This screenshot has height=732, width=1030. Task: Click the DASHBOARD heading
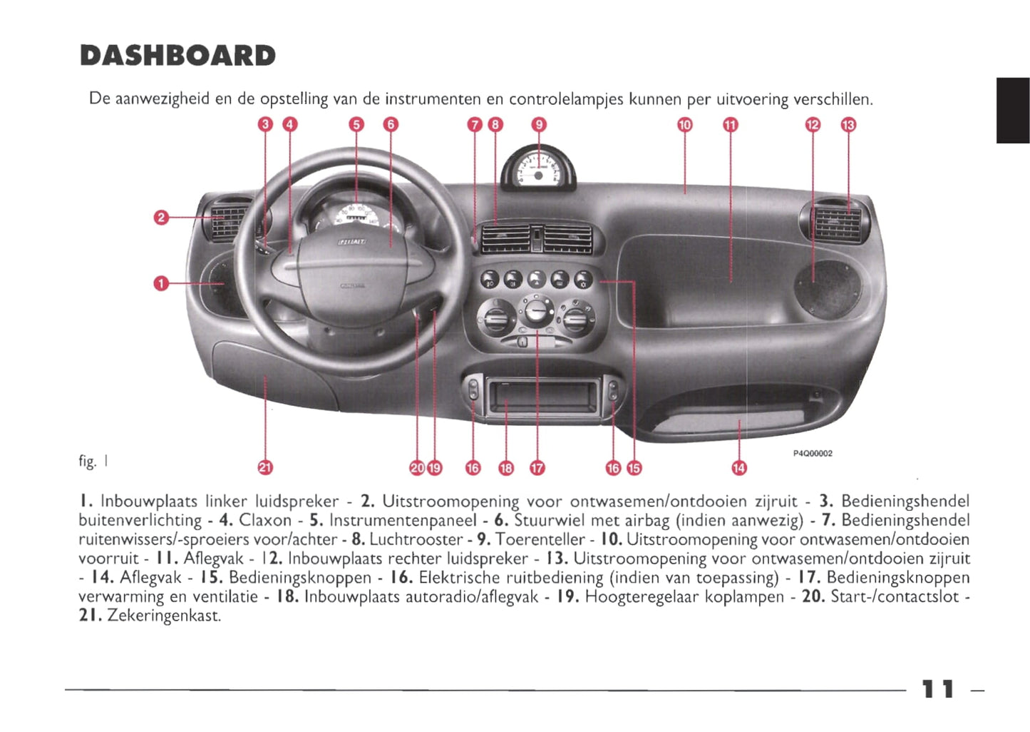(178, 56)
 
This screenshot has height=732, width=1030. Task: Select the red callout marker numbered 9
(539, 125)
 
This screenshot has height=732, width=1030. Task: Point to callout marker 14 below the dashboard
(739, 468)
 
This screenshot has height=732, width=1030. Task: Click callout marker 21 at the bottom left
(264, 468)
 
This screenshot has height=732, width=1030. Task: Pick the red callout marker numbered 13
(848, 125)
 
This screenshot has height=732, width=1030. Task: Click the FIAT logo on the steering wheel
(352, 243)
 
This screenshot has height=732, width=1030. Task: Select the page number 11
(937, 689)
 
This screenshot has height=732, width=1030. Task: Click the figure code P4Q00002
(813, 453)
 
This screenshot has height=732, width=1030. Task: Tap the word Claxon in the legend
(265, 520)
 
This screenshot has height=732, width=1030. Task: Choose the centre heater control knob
(535, 312)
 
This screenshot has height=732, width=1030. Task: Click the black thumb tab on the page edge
(1012, 111)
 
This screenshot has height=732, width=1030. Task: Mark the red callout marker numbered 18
(506, 468)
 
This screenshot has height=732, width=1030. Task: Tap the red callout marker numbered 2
(161, 217)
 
